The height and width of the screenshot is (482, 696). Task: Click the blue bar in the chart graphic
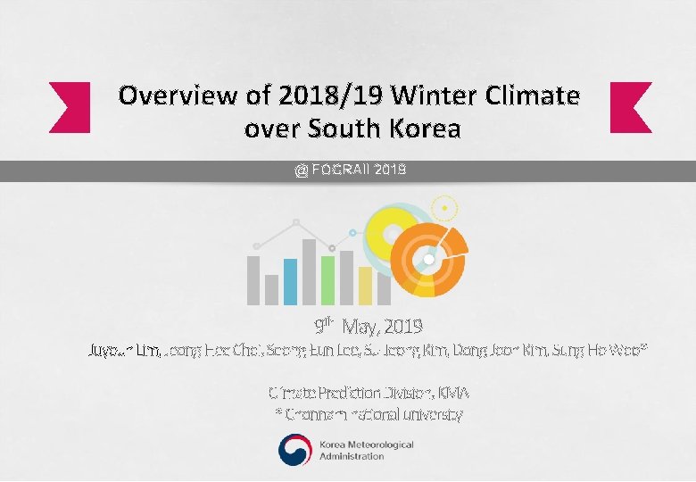[290, 281]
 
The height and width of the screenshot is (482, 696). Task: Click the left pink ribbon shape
[70, 107]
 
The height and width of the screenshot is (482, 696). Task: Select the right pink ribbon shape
[630, 107]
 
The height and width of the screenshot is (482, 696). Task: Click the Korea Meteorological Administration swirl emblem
[295, 450]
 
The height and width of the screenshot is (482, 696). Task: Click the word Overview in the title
[164, 95]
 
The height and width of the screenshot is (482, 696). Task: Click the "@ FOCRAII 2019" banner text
[351, 170]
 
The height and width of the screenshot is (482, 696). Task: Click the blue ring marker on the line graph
[352, 232]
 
